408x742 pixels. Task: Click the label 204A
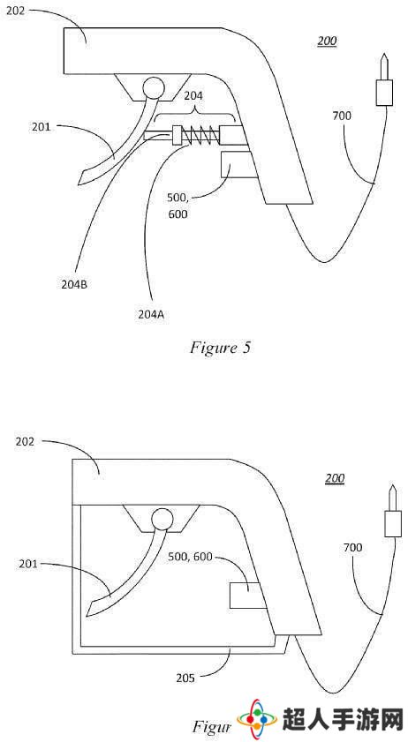tap(150, 315)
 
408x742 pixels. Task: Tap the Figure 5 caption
tap(220, 348)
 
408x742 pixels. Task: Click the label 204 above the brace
tap(194, 95)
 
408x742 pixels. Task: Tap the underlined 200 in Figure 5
tap(327, 41)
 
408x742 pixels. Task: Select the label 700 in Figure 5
tap(342, 115)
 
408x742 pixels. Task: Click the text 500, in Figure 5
tap(178, 197)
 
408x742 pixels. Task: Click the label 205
tap(185, 678)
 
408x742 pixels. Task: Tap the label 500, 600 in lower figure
tap(190, 557)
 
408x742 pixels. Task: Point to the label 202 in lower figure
tap(26, 441)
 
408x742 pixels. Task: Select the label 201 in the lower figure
tap(28, 564)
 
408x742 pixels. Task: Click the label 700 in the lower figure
tap(352, 548)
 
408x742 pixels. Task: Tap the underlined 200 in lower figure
tap(335, 478)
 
